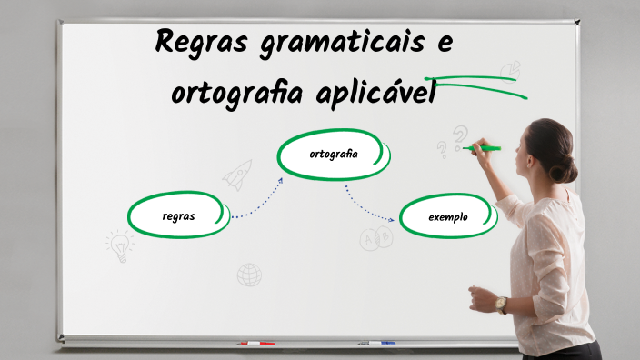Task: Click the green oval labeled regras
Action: tap(178, 215)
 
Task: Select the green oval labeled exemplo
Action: tap(447, 217)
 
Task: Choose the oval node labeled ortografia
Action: tap(333, 155)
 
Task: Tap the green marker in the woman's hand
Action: tap(483, 147)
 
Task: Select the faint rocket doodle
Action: tap(237, 174)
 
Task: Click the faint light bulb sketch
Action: tap(119, 244)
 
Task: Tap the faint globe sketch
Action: tap(249, 274)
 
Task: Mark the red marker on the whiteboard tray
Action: tap(255, 344)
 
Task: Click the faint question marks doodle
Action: tap(452, 141)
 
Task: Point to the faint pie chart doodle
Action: tap(510, 69)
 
